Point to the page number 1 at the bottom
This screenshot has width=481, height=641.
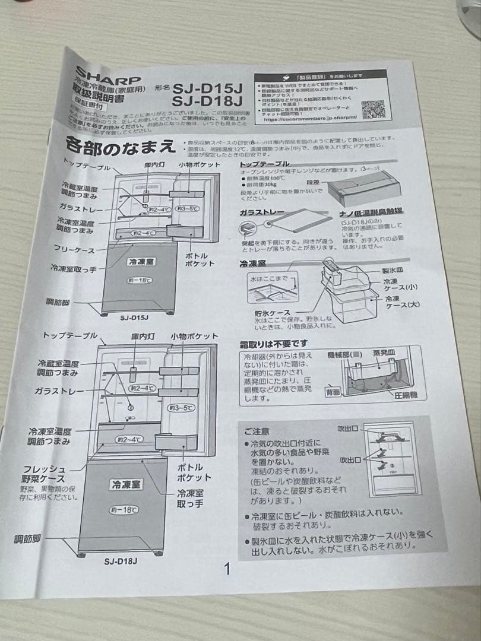click(x=227, y=570)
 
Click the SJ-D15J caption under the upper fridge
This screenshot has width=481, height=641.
click(x=134, y=317)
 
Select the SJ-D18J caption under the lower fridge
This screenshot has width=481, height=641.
click(x=121, y=561)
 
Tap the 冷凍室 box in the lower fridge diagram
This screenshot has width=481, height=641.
click(x=125, y=484)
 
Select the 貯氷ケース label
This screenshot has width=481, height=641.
click(x=271, y=312)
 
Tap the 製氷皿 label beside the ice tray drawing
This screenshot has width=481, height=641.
click(x=391, y=271)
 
